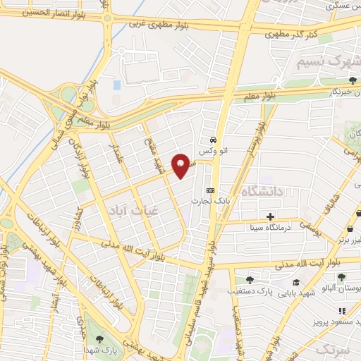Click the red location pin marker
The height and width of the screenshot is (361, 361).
point(182,165)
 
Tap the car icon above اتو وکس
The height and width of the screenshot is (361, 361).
point(213,139)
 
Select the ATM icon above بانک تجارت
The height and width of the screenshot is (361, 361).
point(209,190)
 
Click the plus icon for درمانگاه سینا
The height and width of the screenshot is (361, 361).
point(271,216)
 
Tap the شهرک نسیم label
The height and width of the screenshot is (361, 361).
point(330,58)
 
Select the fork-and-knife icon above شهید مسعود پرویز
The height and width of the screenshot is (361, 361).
point(342,311)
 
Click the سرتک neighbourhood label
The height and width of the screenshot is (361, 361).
point(333,350)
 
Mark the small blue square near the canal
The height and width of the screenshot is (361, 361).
point(117,85)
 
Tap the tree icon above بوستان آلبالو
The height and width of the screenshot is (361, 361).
point(342,277)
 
